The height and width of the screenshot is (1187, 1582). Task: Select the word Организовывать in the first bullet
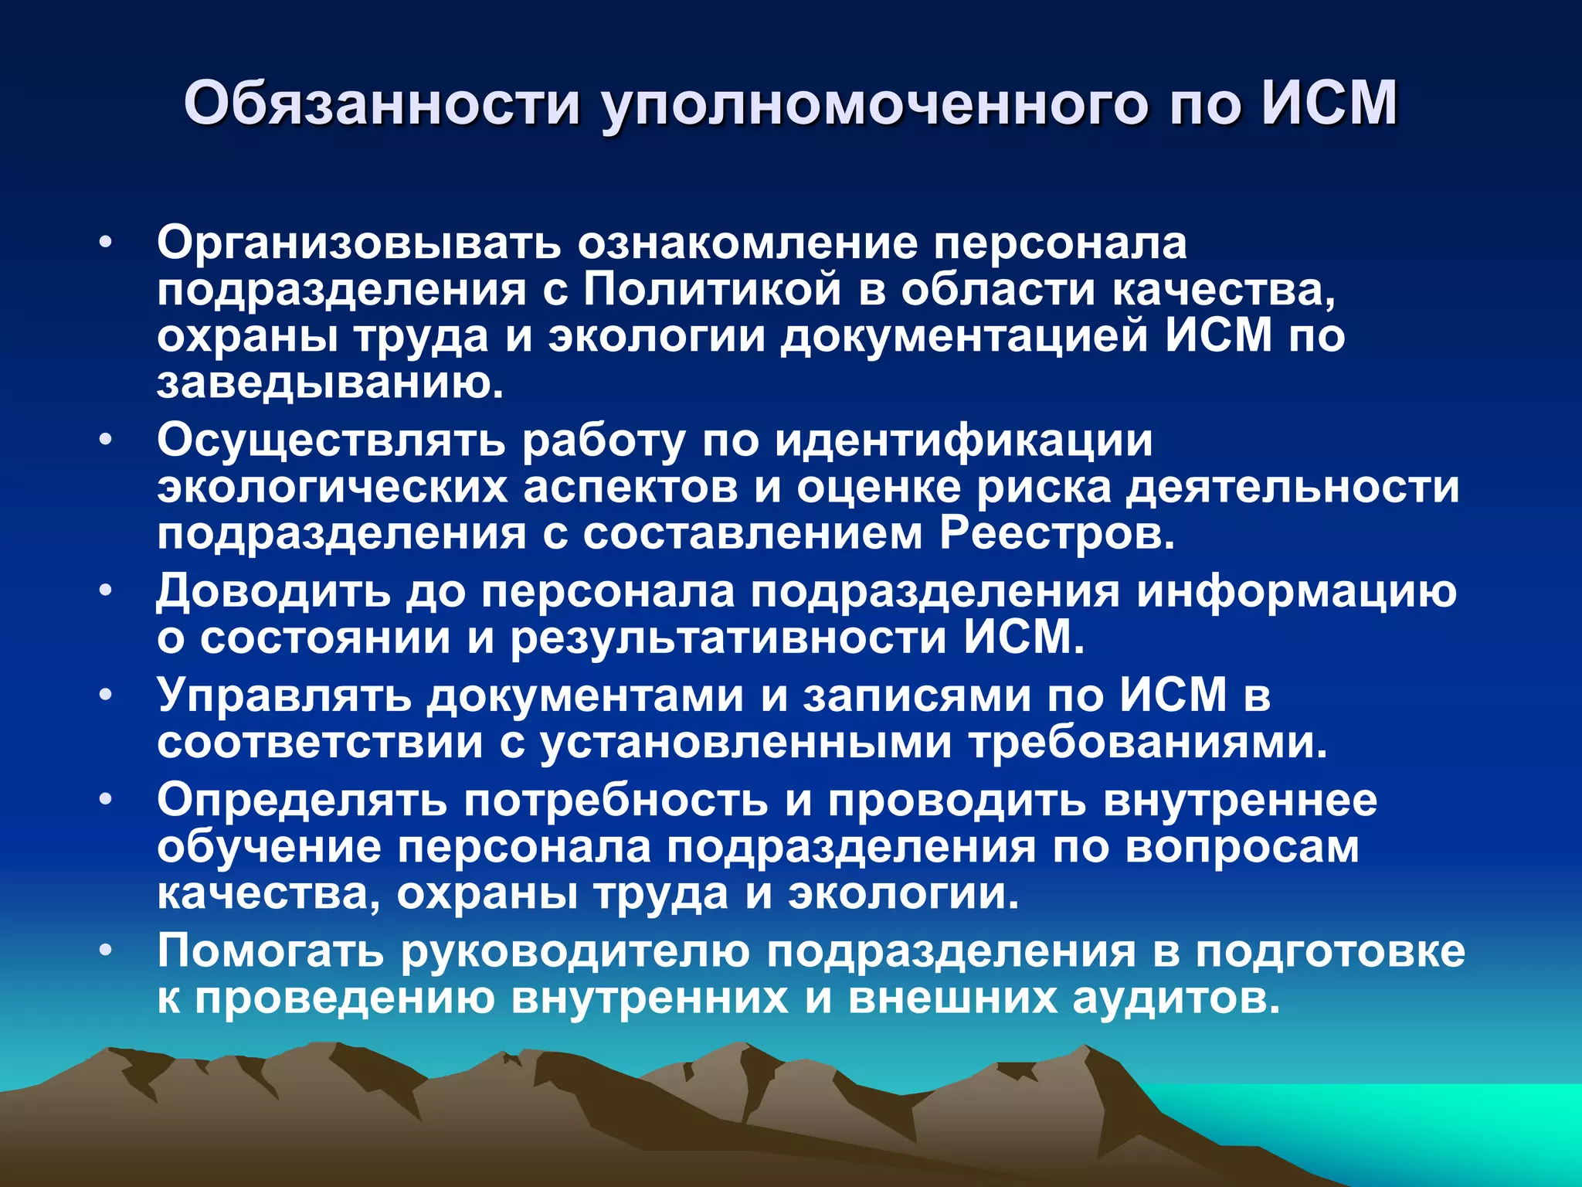[x=359, y=243]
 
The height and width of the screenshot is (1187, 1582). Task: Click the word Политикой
[x=711, y=290]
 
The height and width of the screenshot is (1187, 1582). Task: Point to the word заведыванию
[x=331, y=383]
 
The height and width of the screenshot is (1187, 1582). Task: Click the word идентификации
[x=963, y=441]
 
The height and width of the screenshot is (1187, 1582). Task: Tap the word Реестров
[x=1057, y=534]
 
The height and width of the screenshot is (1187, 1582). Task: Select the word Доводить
[x=273, y=592]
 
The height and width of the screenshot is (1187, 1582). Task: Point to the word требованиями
[x=1149, y=742]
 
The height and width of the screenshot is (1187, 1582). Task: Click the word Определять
[x=302, y=800]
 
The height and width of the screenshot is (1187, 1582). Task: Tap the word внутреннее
[x=1240, y=800]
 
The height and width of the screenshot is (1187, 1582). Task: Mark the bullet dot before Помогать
[x=106, y=950]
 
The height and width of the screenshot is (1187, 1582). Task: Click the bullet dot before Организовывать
[x=106, y=243]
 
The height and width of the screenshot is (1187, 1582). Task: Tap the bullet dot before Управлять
[x=106, y=695]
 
